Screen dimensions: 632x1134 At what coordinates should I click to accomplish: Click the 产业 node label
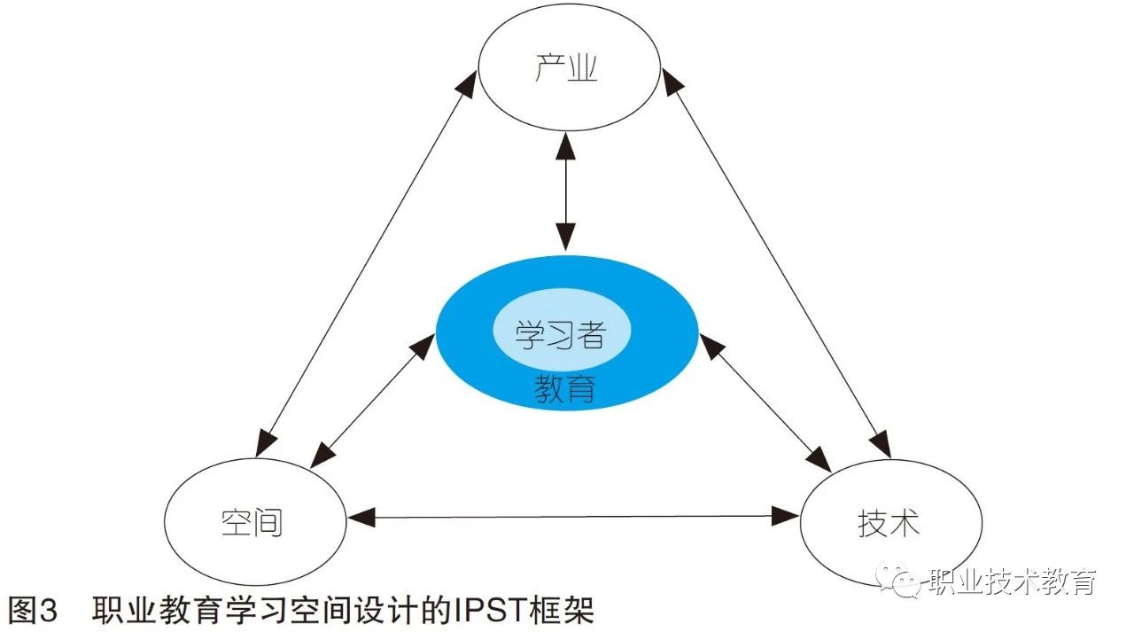567,68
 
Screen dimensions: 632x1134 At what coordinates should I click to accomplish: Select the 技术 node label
889,522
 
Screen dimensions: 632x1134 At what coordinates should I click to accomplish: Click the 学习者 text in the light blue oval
562,335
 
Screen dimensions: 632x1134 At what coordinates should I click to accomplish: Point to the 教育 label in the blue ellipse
564,388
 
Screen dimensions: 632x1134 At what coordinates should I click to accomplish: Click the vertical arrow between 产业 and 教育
565,191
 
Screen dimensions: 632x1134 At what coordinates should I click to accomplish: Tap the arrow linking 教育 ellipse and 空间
372,399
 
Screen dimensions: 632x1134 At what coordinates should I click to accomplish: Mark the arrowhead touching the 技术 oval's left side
785,516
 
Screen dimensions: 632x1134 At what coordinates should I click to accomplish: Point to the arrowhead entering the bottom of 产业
565,144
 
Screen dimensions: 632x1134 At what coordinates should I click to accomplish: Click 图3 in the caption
33,611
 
